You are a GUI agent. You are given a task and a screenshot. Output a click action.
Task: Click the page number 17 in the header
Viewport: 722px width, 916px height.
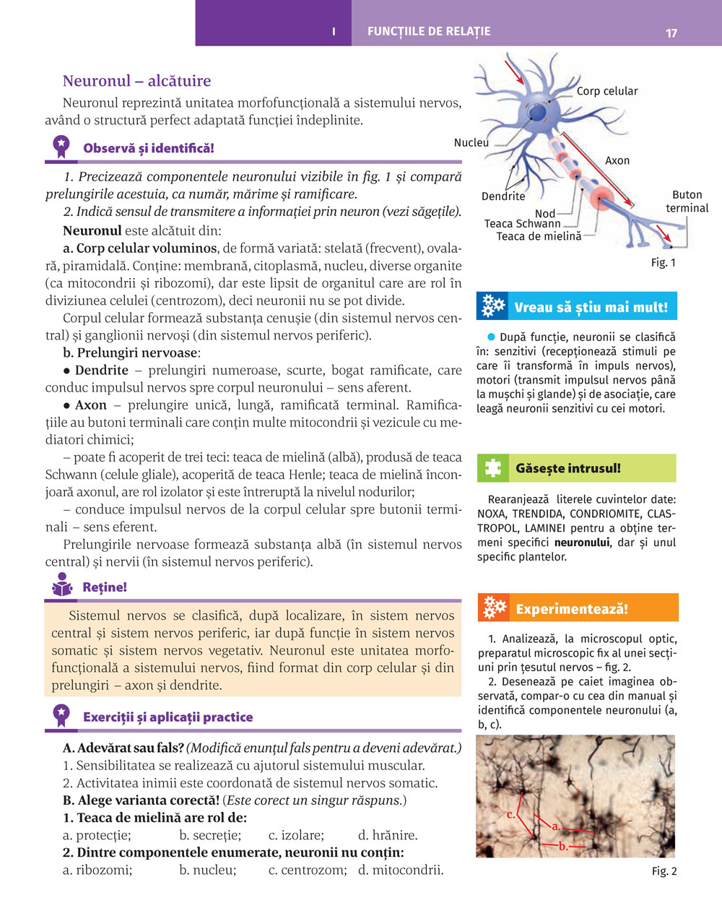click(x=671, y=33)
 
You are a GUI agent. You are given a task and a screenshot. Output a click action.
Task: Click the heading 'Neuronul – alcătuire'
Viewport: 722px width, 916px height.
click(x=136, y=81)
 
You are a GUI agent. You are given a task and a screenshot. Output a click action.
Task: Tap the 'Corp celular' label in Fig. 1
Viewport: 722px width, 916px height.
click(x=606, y=91)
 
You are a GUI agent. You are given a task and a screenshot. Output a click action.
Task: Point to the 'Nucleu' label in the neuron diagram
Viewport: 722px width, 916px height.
click(x=471, y=142)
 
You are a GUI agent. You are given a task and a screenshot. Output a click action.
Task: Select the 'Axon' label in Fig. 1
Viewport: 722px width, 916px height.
click(x=617, y=160)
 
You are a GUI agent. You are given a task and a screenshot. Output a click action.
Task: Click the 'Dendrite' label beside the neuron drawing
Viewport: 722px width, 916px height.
click(x=503, y=196)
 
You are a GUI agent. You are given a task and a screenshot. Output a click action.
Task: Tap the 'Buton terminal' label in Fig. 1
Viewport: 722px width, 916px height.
click(x=687, y=202)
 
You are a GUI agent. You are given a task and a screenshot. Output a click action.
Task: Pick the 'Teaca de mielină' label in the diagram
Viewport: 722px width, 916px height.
click(x=539, y=236)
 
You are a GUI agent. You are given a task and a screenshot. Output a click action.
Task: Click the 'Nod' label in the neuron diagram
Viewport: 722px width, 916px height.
click(x=545, y=213)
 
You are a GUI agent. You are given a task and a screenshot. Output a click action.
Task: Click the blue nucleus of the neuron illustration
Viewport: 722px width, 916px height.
click(x=537, y=112)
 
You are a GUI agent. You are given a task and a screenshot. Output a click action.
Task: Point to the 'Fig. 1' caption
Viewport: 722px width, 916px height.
click(x=664, y=262)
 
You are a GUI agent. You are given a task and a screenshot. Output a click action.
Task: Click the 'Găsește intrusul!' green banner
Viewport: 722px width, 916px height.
click(x=577, y=468)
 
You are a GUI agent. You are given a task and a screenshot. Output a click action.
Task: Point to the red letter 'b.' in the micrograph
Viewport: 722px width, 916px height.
click(x=563, y=846)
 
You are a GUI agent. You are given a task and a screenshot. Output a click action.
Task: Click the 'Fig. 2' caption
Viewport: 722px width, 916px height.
click(x=664, y=871)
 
